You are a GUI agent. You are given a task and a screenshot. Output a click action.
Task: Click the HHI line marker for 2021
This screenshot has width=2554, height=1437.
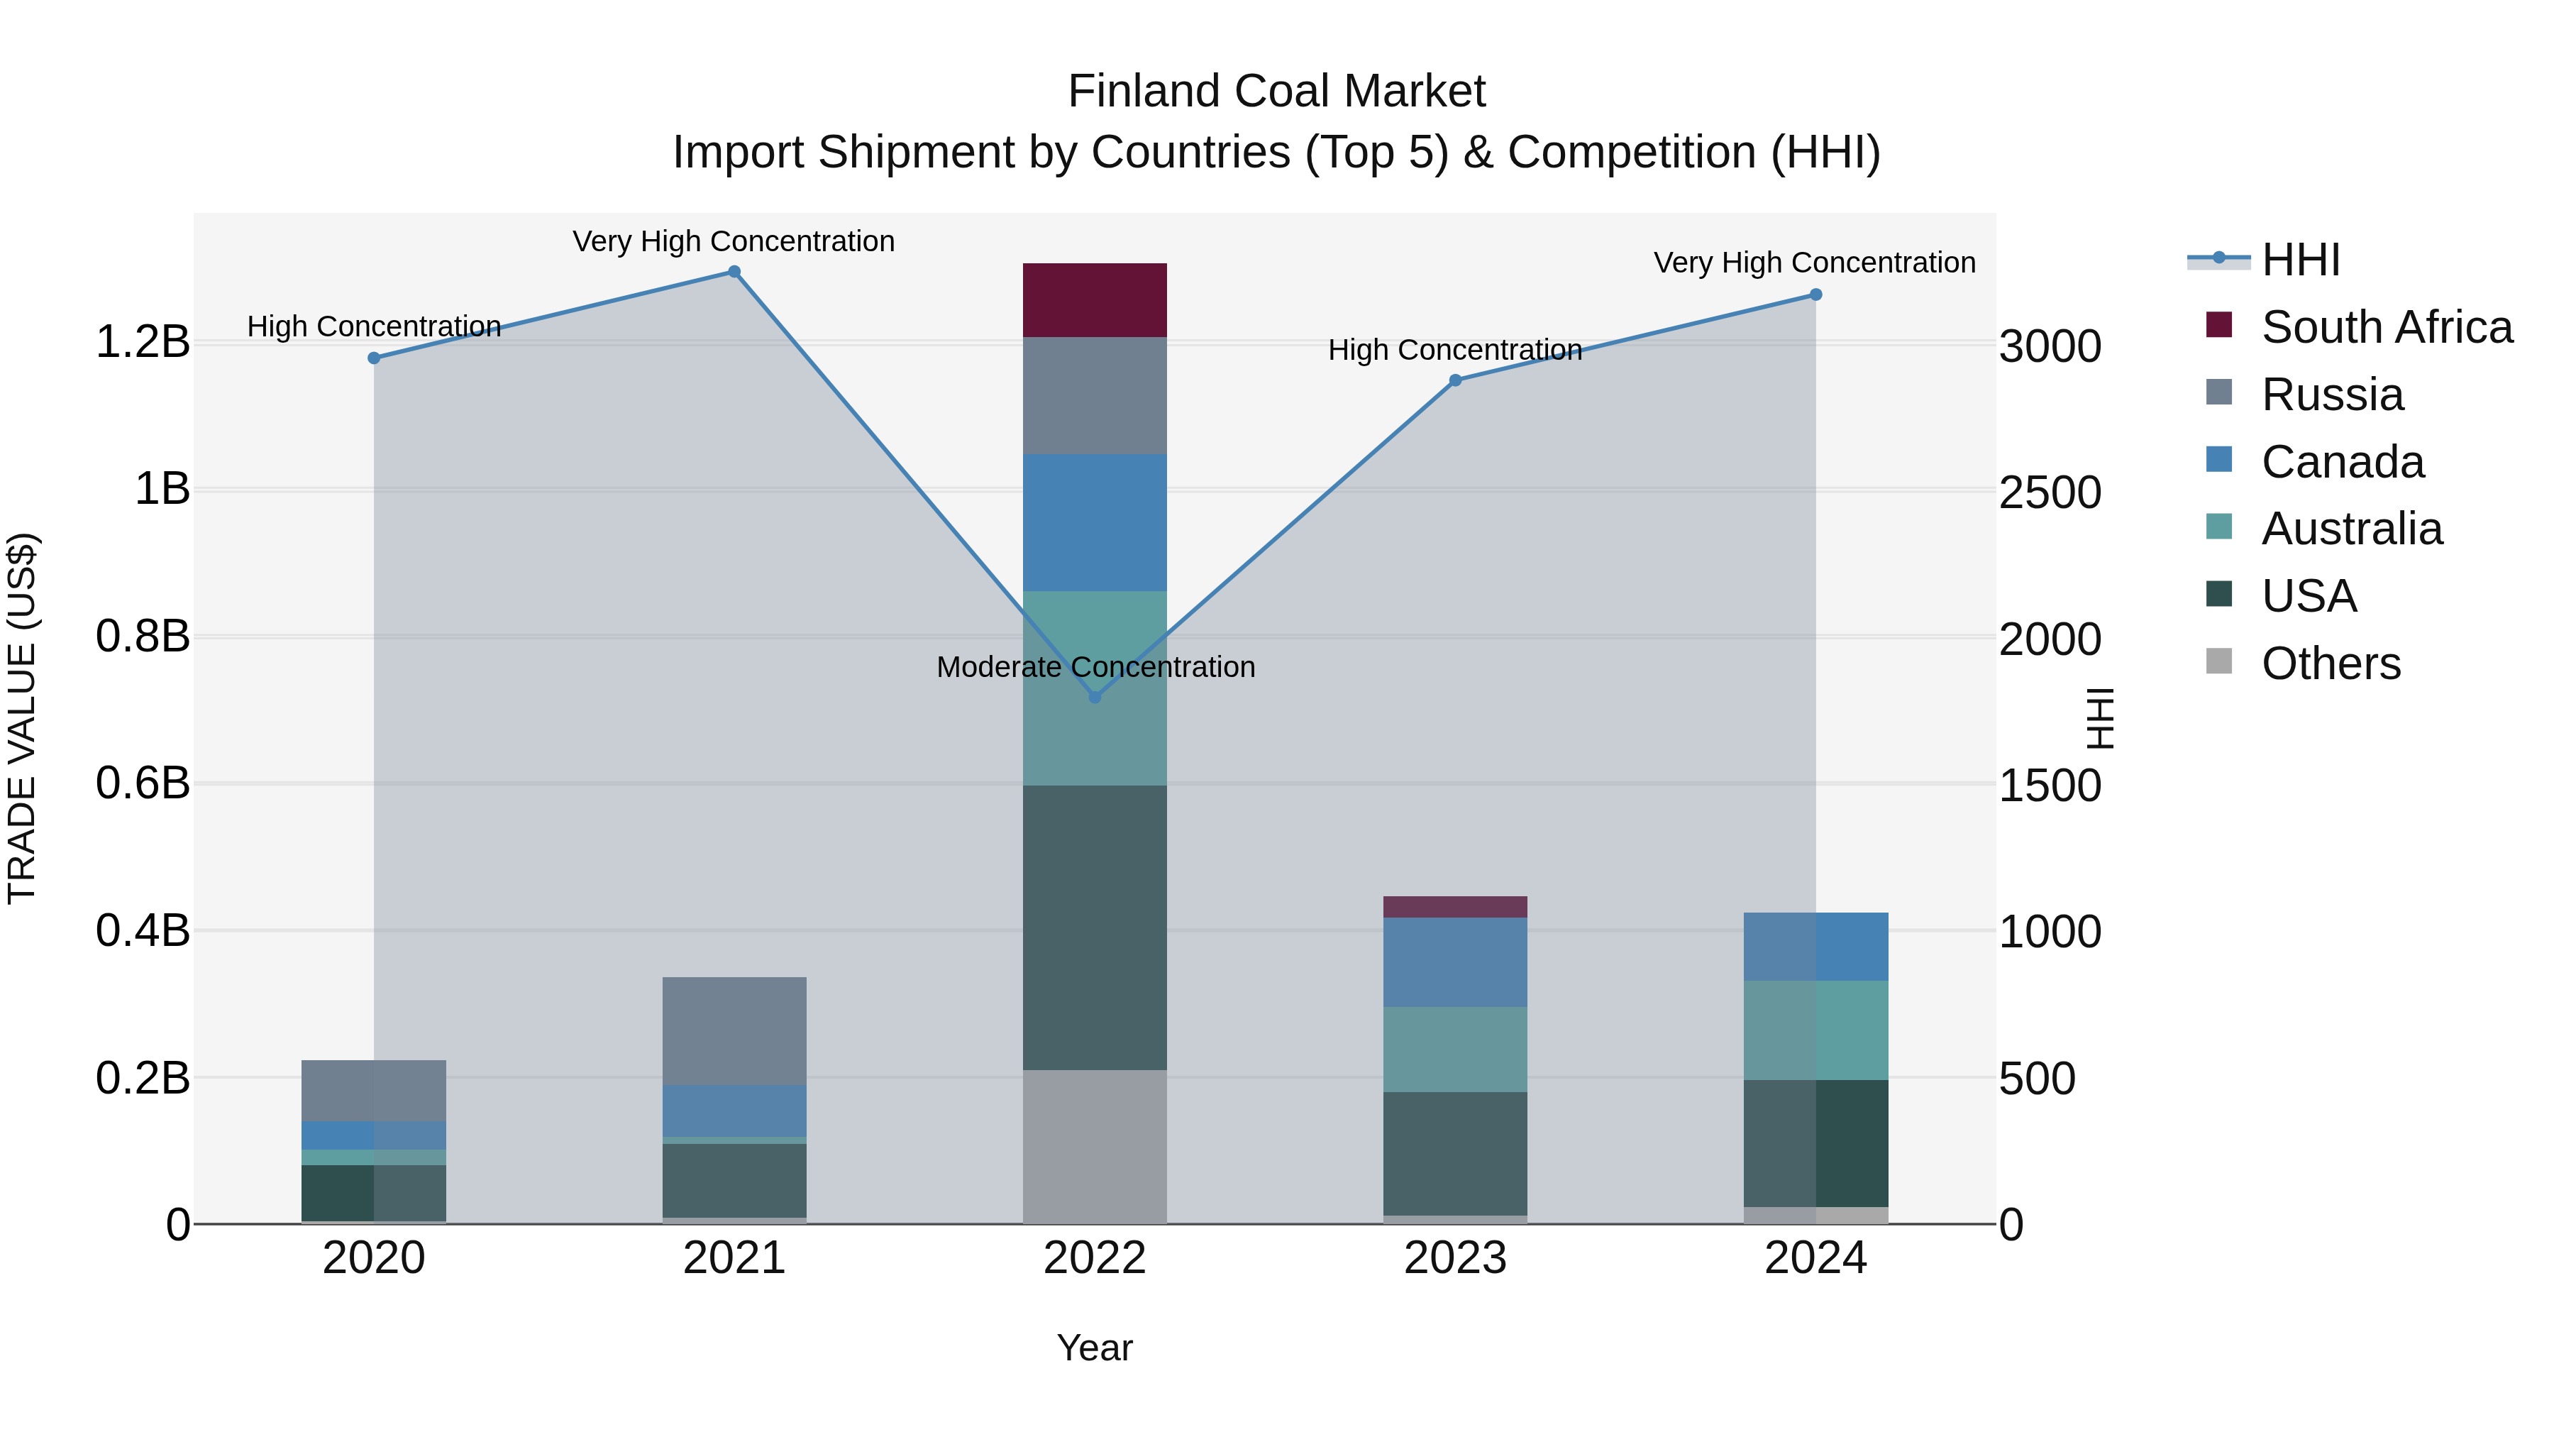734,272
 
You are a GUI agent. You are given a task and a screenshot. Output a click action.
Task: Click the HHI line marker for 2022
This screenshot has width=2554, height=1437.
1095,697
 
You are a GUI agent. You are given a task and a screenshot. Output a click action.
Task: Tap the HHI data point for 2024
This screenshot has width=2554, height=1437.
1815,294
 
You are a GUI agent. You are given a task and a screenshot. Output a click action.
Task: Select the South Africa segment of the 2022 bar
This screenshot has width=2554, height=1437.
1095,300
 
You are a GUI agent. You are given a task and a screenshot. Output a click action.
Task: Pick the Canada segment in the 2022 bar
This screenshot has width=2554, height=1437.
1095,522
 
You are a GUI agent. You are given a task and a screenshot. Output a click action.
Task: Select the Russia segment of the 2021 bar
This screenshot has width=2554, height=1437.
734,1030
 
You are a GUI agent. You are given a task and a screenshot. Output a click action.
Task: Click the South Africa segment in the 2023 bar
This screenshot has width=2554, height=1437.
1454,906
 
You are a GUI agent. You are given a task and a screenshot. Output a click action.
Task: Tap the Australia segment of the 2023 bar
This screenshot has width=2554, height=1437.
1454,1050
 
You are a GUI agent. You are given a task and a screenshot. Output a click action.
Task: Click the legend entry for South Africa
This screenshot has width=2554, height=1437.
2385,327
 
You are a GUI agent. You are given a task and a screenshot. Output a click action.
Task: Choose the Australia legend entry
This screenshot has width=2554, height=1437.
2351,529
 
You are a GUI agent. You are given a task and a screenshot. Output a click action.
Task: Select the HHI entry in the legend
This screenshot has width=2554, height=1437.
2300,260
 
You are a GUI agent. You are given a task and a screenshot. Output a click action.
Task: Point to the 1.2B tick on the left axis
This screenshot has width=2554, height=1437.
143,342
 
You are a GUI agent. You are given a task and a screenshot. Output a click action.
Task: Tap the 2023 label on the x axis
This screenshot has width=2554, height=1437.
1454,1258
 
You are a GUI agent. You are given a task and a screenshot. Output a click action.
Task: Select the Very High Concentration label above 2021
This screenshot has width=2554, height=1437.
734,241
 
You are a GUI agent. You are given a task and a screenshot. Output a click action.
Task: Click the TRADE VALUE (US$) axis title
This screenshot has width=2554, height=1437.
23,718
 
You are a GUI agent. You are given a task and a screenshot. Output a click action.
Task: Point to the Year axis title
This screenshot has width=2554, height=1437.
1095,1348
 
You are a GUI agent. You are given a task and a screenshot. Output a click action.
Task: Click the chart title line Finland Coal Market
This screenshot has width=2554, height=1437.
1276,92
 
